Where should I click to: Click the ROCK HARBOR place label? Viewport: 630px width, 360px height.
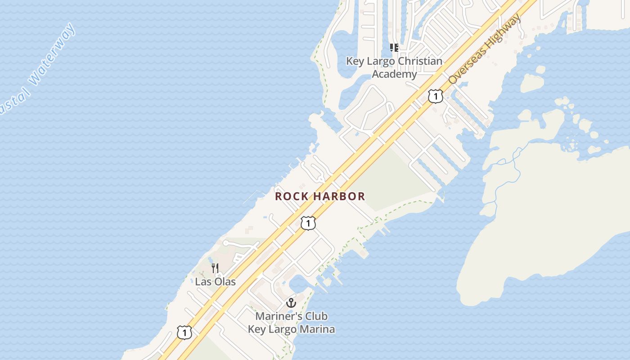(x=320, y=197)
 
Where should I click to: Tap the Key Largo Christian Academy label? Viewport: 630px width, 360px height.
(x=394, y=67)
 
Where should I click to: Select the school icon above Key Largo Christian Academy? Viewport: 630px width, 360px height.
(x=394, y=48)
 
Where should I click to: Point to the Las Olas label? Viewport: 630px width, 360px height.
(x=215, y=282)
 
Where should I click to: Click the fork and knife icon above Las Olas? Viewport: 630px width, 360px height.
(x=215, y=269)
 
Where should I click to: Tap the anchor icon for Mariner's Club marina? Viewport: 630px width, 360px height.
(x=291, y=303)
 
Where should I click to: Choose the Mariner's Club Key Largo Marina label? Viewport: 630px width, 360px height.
(x=291, y=323)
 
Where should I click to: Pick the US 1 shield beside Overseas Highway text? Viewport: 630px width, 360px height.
(x=435, y=96)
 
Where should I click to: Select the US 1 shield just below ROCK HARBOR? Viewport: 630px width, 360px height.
(x=308, y=223)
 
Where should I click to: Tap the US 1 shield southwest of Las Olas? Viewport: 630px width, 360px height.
(x=184, y=333)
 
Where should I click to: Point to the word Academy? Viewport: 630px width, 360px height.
(x=394, y=74)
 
